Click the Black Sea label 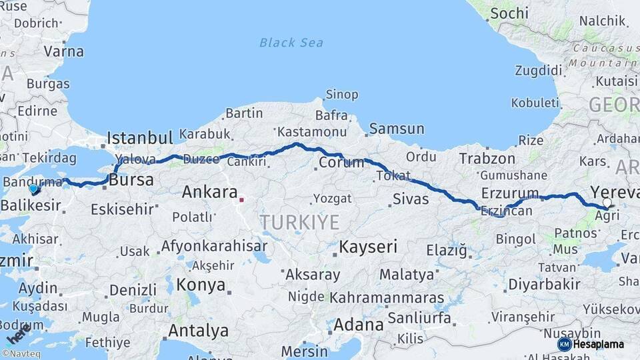pos(291,43)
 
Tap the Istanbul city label pos(140,138)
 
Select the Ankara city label pos(210,193)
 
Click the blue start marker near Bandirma pos(33,189)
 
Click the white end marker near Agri pos(607,202)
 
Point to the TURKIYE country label pos(299,222)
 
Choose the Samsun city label pos(397,129)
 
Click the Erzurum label pos(510,193)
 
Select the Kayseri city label pos(368,247)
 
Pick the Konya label pos(201,285)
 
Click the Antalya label pos(198,330)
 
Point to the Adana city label pos(358,325)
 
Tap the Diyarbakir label pos(544,283)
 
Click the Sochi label pos(509,13)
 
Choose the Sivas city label pos(411,199)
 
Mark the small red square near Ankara pos(242,199)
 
